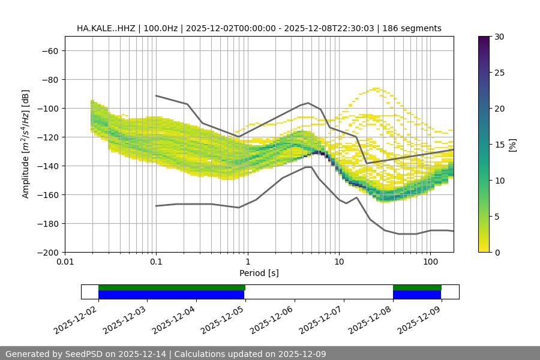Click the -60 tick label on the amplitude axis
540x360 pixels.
coord(49,50)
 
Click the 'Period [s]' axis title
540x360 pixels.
coord(259,273)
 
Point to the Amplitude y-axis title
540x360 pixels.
coord(26,144)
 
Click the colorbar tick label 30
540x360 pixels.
coord(499,37)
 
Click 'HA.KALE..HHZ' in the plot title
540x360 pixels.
coord(106,28)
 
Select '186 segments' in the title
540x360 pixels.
coord(414,28)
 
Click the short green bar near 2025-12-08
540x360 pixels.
coord(417,287)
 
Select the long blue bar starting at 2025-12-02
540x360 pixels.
coord(171,295)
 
